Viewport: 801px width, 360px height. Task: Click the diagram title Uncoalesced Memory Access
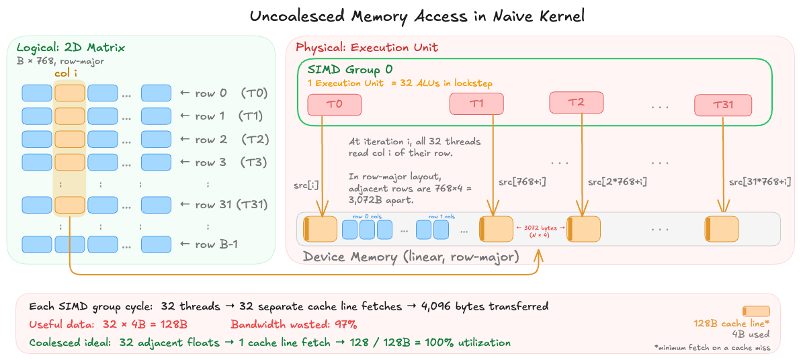click(417, 16)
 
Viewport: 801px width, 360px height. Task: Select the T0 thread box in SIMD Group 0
click(335, 104)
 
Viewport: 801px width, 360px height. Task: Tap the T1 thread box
click(476, 103)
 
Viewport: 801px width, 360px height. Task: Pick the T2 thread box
click(576, 102)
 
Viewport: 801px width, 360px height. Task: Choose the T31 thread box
click(723, 105)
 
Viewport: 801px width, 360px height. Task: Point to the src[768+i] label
click(521, 181)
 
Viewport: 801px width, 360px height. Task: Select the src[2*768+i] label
click(618, 181)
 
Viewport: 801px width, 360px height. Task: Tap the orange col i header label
click(71, 73)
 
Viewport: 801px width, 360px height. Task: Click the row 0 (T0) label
click(224, 93)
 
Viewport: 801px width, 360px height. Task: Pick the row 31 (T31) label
click(224, 205)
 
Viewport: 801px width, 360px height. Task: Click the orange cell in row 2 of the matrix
click(70, 139)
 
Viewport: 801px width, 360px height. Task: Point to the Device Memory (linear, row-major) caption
click(411, 257)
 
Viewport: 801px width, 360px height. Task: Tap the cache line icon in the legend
click(755, 311)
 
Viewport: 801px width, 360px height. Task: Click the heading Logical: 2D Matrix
click(71, 48)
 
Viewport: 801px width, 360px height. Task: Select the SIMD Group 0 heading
click(349, 69)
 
